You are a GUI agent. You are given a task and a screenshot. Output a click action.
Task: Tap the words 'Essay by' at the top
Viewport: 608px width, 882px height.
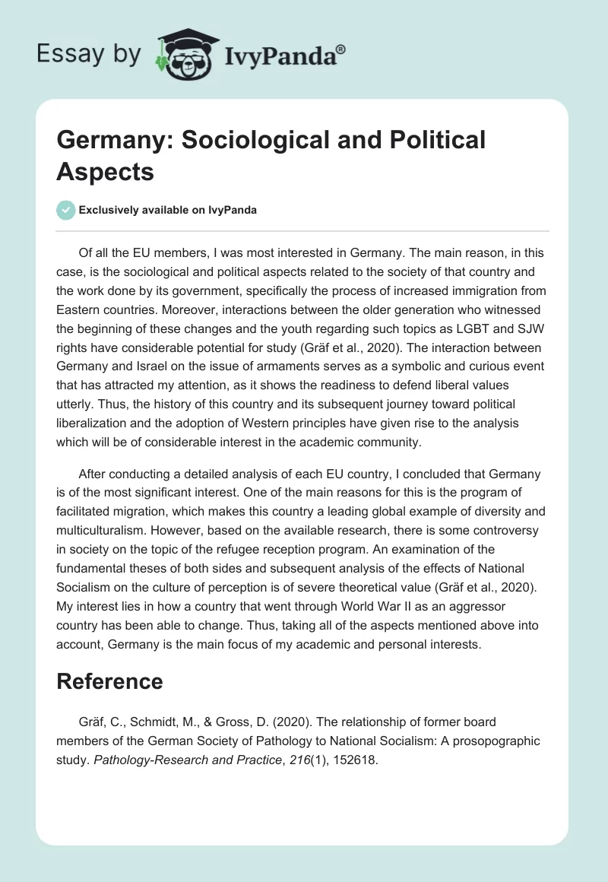[88, 55]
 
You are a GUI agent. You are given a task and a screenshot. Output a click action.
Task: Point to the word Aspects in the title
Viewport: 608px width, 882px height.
[106, 172]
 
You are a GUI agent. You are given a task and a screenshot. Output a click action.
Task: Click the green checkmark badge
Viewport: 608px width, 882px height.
[66, 211]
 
